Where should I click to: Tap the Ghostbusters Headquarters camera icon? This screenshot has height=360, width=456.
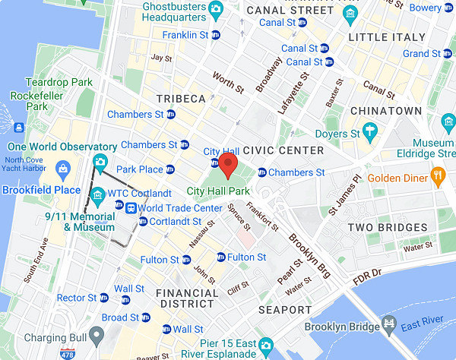point(215,10)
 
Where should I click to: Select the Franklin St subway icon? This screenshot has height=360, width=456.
point(215,35)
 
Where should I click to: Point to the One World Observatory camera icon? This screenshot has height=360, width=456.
point(100,161)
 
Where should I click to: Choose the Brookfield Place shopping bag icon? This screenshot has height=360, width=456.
point(63,168)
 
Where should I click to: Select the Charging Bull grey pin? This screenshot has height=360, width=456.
point(96,333)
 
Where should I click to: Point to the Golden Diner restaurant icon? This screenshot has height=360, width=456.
point(437,178)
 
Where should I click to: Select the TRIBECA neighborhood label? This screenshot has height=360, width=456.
point(181,99)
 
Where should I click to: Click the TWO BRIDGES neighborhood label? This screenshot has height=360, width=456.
point(387,227)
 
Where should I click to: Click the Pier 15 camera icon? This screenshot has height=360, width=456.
point(265,346)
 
